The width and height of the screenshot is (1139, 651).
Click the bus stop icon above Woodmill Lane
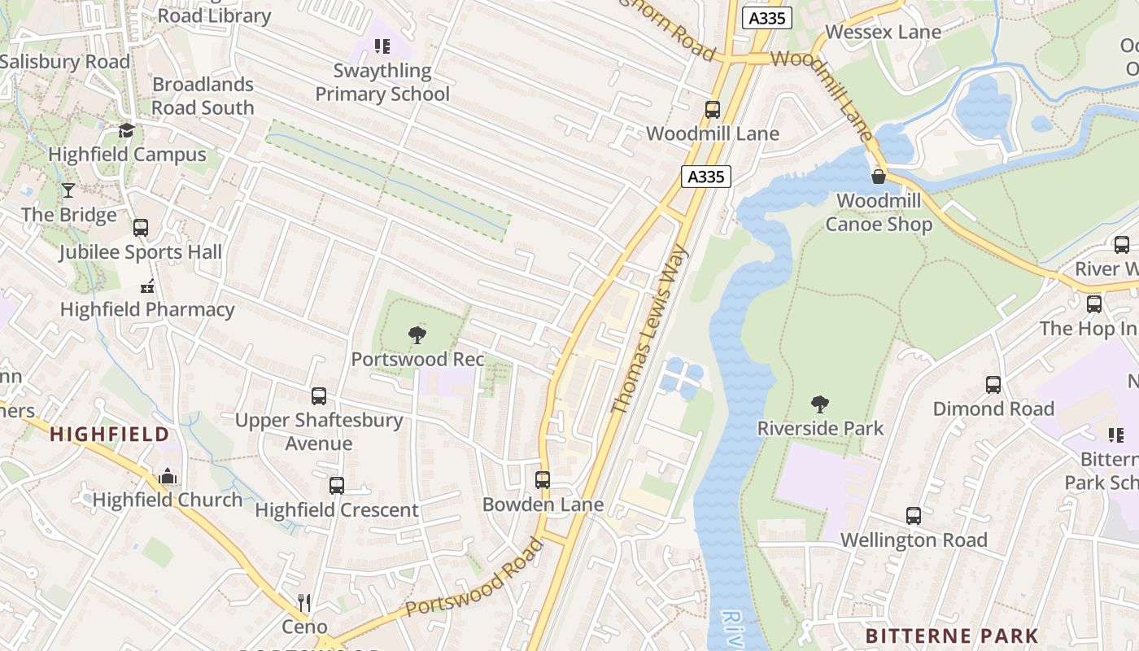pos(713,110)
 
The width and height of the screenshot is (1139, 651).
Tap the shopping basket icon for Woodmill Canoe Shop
pos(879,177)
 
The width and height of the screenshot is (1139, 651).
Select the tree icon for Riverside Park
pos(820,404)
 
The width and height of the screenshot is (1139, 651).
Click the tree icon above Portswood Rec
pos(417,334)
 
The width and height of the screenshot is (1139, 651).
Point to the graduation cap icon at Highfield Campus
pos(126,130)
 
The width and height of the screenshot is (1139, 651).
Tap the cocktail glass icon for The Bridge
pos(68,190)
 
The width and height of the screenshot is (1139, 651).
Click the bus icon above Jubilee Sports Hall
pos(141,228)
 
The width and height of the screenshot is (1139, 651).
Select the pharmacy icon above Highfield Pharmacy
pos(147,286)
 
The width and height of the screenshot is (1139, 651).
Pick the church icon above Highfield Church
pos(168,476)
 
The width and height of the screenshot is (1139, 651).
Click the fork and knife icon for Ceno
pos(304,603)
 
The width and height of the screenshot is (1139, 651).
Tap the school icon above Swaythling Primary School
pos(382,46)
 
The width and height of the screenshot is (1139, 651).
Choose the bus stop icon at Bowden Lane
pos(543,480)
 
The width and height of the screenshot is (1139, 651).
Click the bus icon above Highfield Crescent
pos(337,486)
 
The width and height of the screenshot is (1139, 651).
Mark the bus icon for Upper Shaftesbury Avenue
pos(319,396)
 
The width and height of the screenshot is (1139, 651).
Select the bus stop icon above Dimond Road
pos(993,385)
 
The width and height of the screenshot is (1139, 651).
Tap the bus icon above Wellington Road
pos(914,516)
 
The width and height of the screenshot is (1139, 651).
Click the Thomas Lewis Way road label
pos(649,329)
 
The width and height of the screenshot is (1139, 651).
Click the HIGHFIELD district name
pos(109,434)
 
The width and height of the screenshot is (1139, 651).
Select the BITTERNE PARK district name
pos(952,636)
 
